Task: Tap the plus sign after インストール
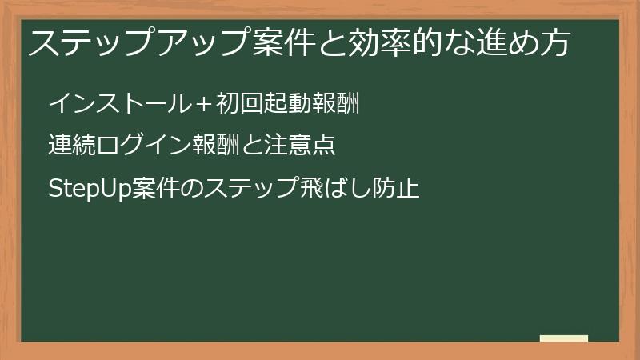click(203, 104)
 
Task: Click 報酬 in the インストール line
click(334, 103)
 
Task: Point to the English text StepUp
click(86, 190)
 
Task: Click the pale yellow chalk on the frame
click(564, 339)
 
